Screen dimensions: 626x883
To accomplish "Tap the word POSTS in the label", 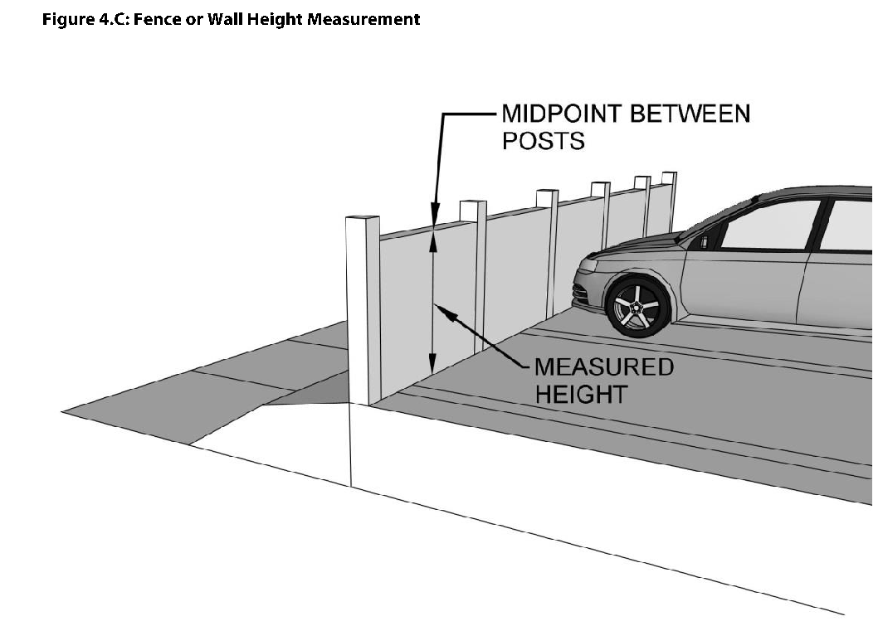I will tap(543, 141).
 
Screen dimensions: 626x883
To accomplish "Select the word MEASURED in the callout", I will tap(603, 366).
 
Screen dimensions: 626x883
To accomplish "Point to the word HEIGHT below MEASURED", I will tap(580, 394).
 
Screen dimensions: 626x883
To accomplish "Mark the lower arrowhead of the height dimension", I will tap(432, 364).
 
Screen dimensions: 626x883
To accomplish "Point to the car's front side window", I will tap(768, 225).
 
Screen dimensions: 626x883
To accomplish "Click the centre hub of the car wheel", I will tap(639, 308).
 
